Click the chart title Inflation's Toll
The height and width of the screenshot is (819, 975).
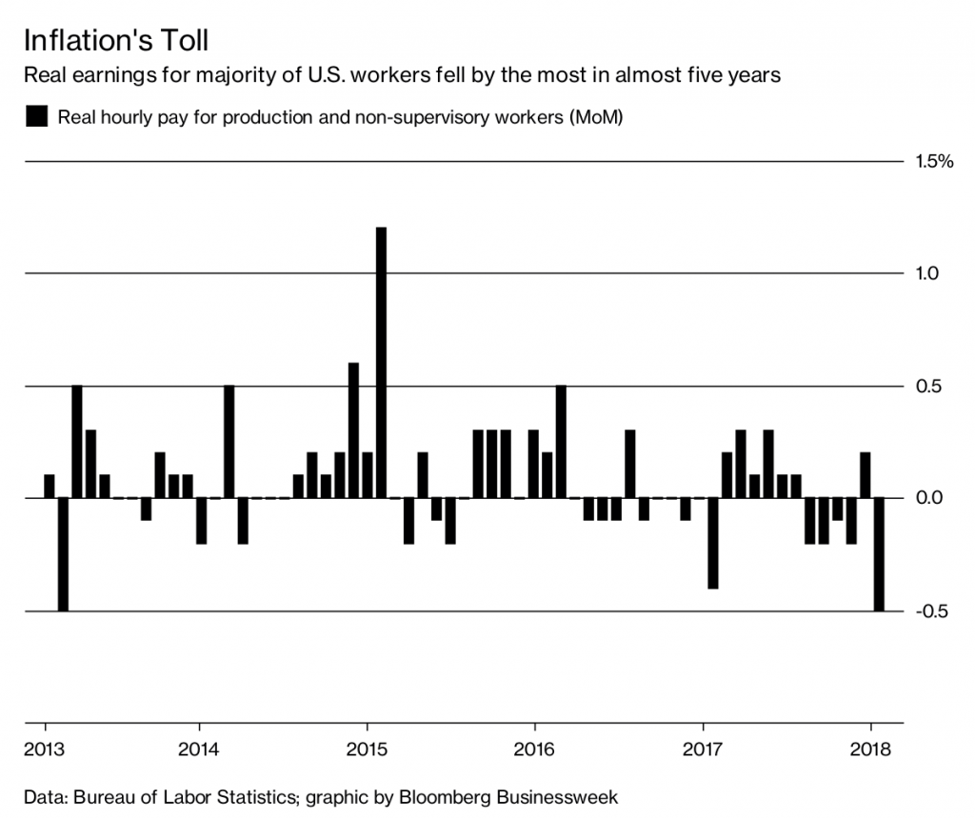coord(115,42)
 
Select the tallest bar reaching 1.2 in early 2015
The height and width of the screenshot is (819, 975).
coord(382,362)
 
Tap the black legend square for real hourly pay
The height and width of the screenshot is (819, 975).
coord(36,118)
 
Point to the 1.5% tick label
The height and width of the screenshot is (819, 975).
coord(934,162)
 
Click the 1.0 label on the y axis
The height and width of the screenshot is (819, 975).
coord(927,274)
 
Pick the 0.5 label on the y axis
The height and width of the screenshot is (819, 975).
coord(927,387)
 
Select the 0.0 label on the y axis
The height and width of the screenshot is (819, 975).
coord(927,498)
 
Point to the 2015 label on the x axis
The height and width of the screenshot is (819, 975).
coord(367,749)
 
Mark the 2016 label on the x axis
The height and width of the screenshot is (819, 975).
coord(534,749)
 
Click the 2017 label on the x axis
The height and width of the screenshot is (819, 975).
coord(703,749)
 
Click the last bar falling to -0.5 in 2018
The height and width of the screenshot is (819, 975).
coord(879,554)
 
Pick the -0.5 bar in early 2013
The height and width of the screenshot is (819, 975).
coord(63,554)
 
